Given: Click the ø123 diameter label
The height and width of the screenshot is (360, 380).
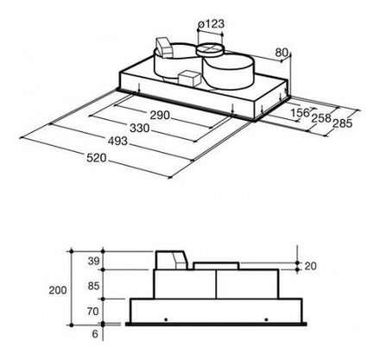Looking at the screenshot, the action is pyautogui.click(x=211, y=24).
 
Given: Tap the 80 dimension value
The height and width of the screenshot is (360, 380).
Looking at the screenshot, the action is pyautogui.click(x=282, y=53).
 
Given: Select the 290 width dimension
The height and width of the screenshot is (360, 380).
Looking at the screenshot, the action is pyautogui.click(x=160, y=115).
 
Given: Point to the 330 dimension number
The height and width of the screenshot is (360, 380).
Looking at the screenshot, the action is pyautogui.click(x=140, y=128).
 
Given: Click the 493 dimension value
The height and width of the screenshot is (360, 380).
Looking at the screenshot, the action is pyautogui.click(x=117, y=142).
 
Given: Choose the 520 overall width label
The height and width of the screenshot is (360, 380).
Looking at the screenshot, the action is pyautogui.click(x=97, y=158).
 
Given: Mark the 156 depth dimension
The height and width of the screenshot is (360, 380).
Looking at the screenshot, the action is pyautogui.click(x=300, y=112).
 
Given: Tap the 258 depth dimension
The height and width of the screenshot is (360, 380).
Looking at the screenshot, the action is pyautogui.click(x=321, y=118).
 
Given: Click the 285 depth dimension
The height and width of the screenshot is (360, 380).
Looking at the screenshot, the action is pyautogui.click(x=343, y=123).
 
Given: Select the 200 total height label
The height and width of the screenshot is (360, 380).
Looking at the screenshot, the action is pyautogui.click(x=58, y=290).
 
